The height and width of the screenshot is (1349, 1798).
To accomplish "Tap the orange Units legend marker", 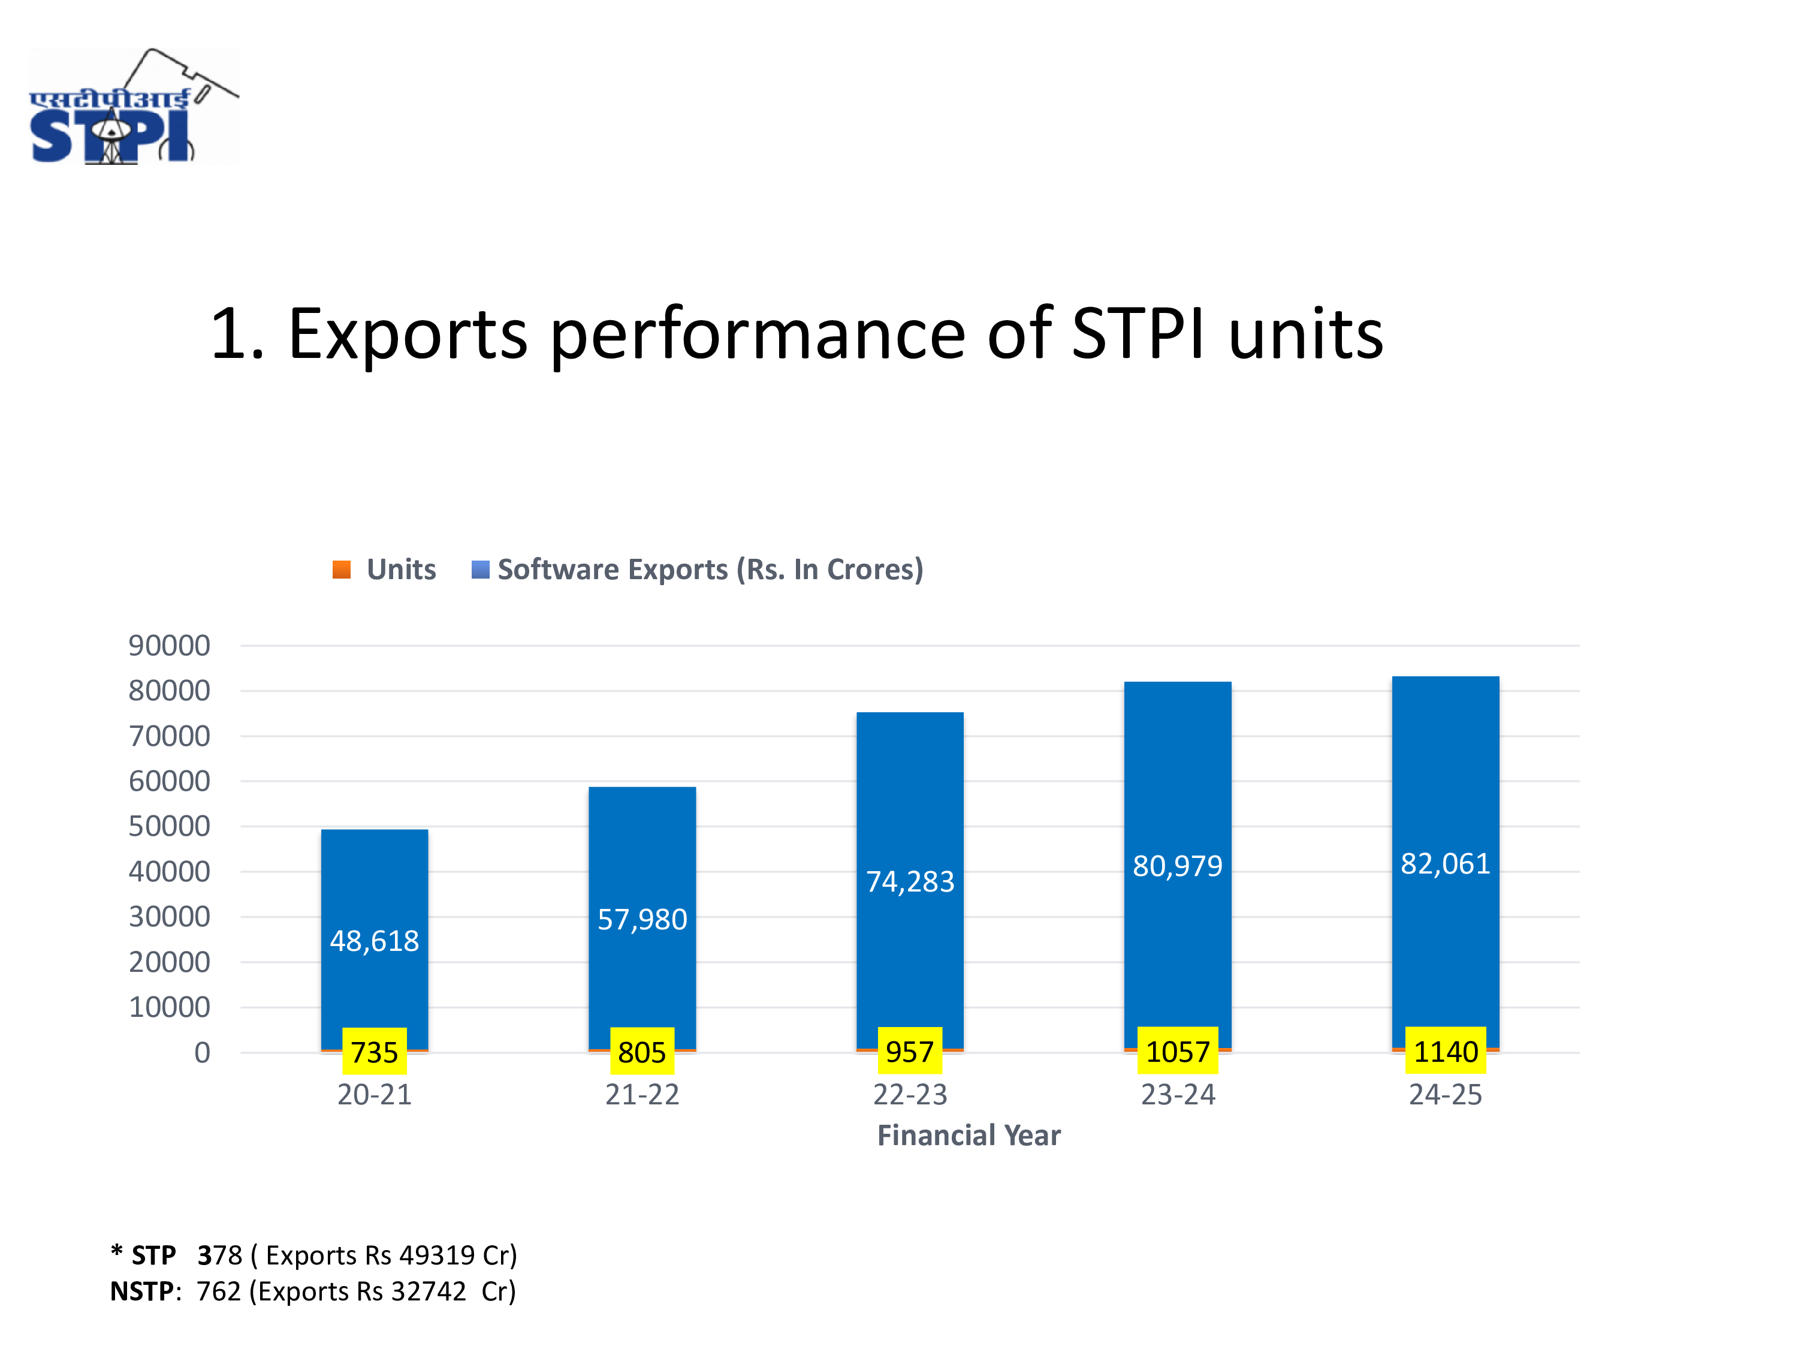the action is (x=342, y=569).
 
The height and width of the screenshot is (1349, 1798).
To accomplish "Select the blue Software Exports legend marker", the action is (x=481, y=569).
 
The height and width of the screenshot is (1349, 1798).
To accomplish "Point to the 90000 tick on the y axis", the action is (x=169, y=646).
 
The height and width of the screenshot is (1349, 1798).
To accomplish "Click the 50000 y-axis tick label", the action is (x=169, y=826).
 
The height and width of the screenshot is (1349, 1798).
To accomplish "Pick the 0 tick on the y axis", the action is (x=203, y=1052).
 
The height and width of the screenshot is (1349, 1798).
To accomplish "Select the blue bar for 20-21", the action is (x=375, y=939).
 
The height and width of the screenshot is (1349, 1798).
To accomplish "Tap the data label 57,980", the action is (x=642, y=920).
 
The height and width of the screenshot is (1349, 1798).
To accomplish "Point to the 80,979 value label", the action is (x=1178, y=866).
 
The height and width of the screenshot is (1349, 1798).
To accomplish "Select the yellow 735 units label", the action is (x=375, y=1052).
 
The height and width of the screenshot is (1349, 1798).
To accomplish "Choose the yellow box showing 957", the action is (x=910, y=1052).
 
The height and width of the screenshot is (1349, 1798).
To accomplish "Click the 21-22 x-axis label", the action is (x=642, y=1094).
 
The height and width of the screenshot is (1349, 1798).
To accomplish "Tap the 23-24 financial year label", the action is (x=1178, y=1094).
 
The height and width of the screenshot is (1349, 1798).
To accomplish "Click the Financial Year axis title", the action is (x=969, y=1135).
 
